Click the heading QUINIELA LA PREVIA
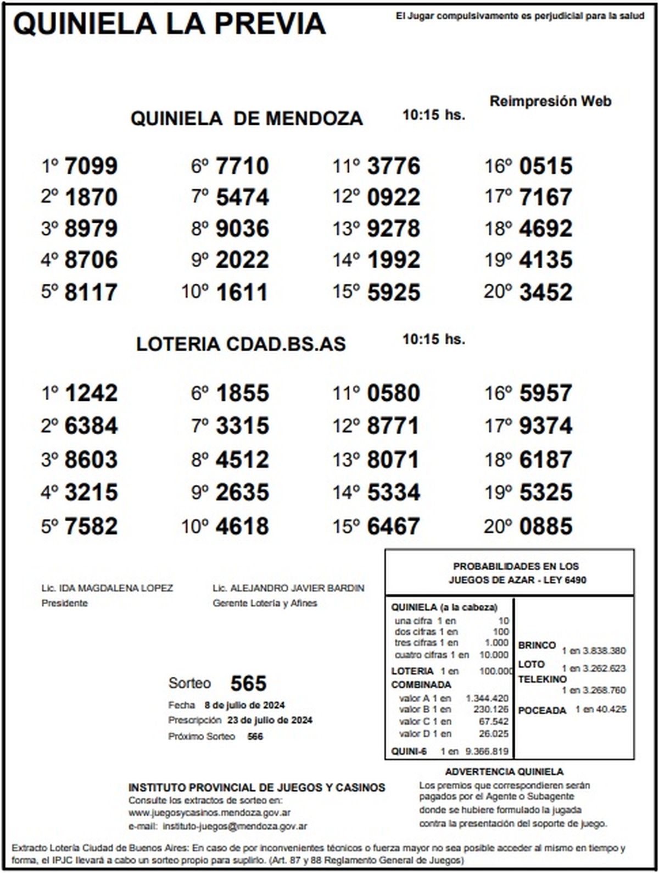point(170,24)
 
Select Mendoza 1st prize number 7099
point(91,166)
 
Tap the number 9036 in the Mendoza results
point(242,229)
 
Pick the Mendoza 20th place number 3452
point(545,292)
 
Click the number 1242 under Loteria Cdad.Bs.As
point(91,393)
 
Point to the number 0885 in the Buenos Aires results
point(545,526)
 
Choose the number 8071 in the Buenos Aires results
point(393,459)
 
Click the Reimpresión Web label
point(550,101)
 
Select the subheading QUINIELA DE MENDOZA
point(247,118)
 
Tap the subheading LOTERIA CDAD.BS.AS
point(241,344)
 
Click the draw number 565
point(248,683)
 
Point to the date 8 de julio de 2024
point(244,705)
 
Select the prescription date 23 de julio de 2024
point(270,720)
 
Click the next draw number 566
point(255,736)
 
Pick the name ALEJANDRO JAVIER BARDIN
point(297,588)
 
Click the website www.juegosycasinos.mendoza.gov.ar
point(210,813)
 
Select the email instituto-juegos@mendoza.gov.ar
point(235,826)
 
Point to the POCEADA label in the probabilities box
point(541,710)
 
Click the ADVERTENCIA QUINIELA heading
point(504,772)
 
